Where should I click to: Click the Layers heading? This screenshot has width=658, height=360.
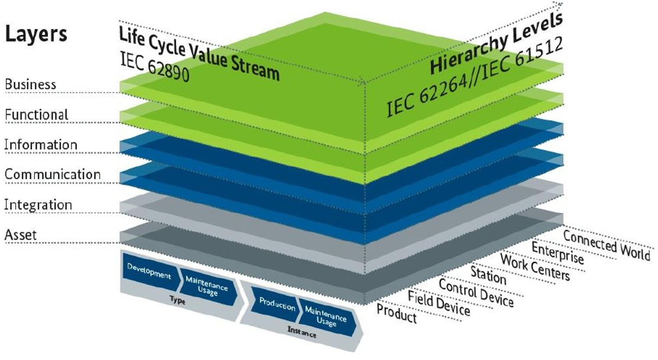[37, 34]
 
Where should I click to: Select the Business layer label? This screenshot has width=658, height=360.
[31, 84]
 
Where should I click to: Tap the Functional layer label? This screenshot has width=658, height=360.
[37, 114]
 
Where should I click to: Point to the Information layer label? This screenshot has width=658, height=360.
[41, 144]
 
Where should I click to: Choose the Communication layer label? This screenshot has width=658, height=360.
[53, 174]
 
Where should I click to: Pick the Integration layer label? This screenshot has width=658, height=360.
[38, 205]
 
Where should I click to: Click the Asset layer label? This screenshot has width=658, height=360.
[21, 235]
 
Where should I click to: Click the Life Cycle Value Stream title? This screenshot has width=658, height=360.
[197, 53]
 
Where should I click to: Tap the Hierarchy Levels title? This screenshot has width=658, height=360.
[495, 44]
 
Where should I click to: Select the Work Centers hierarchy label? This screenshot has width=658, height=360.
[535, 267]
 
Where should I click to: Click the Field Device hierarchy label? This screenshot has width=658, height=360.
[439, 302]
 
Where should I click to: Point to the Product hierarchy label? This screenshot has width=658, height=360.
[397, 313]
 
